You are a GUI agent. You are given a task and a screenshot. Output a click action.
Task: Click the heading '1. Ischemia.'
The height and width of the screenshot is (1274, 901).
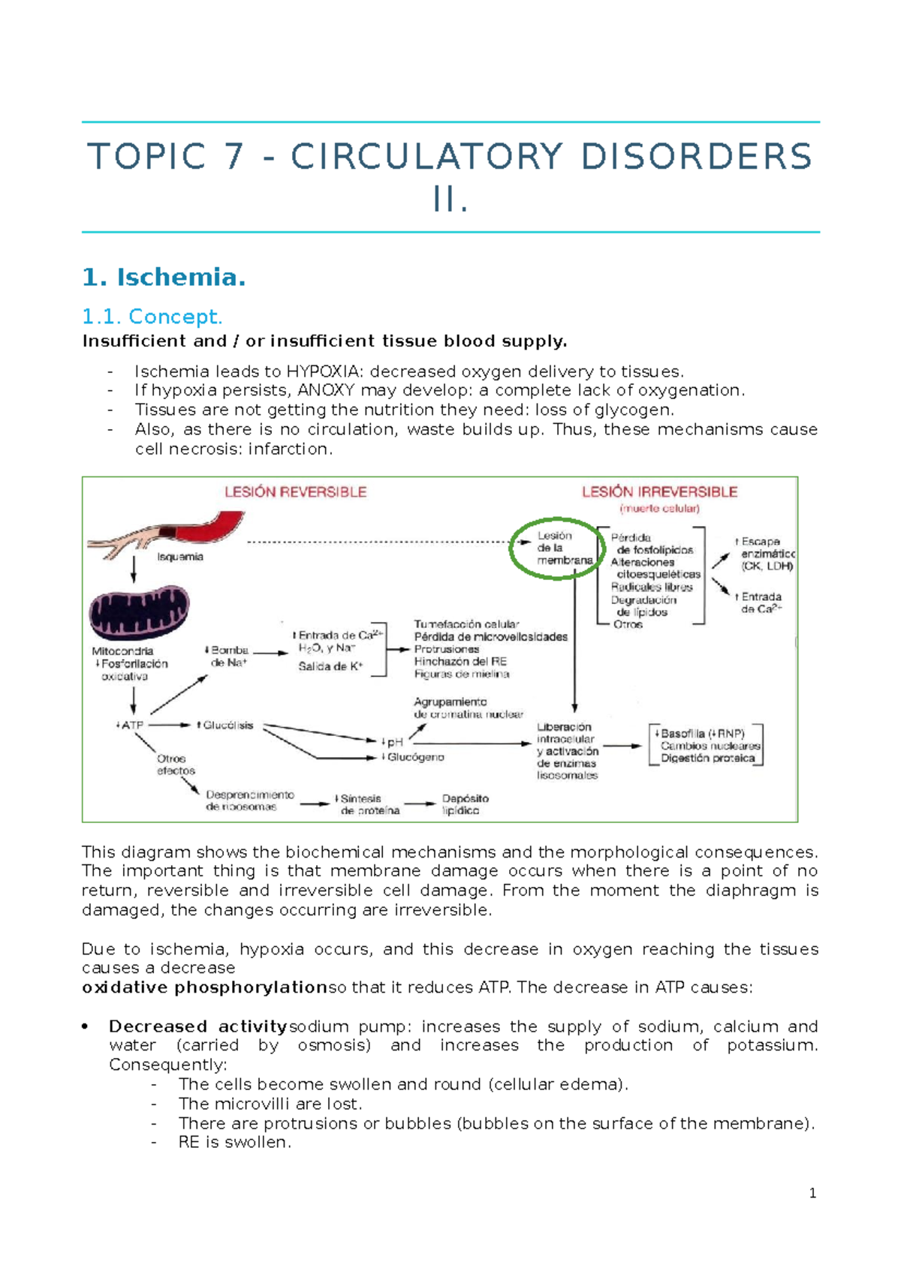164,278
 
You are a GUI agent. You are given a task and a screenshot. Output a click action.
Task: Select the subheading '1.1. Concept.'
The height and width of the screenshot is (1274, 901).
152,317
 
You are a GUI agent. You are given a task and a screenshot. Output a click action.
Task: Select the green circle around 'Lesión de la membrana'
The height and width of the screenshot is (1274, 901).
557,548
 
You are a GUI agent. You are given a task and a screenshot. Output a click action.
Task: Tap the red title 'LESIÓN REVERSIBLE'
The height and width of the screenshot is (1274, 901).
295,492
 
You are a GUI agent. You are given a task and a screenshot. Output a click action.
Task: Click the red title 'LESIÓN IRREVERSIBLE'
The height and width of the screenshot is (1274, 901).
659,492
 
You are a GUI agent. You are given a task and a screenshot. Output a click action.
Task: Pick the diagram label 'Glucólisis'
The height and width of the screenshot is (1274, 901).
228,726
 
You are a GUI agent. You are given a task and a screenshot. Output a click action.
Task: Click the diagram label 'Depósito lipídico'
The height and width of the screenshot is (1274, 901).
465,804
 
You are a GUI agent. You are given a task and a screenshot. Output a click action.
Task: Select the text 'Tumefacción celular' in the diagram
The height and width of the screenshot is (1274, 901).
466,624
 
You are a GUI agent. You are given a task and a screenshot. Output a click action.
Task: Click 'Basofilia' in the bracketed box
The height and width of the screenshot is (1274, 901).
683,734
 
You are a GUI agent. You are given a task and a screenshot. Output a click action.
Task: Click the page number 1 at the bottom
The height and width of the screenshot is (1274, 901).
812,1193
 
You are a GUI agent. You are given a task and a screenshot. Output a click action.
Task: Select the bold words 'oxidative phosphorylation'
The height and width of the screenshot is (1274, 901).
204,988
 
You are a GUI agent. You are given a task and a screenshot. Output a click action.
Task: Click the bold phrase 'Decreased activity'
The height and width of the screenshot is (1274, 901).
198,1026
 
